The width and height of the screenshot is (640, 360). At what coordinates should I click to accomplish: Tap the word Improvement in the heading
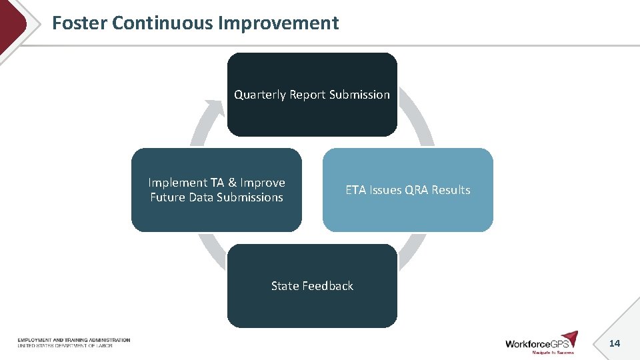(x=279, y=23)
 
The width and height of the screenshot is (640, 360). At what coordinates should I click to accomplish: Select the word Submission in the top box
(x=359, y=95)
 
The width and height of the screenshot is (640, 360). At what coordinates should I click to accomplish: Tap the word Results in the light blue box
(x=451, y=190)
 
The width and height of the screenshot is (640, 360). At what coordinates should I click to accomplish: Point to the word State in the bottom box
(x=285, y=286)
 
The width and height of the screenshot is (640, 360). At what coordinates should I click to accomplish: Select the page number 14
(x=614, y=343)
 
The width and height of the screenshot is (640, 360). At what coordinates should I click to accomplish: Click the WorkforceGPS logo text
(x=537, y=344)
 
